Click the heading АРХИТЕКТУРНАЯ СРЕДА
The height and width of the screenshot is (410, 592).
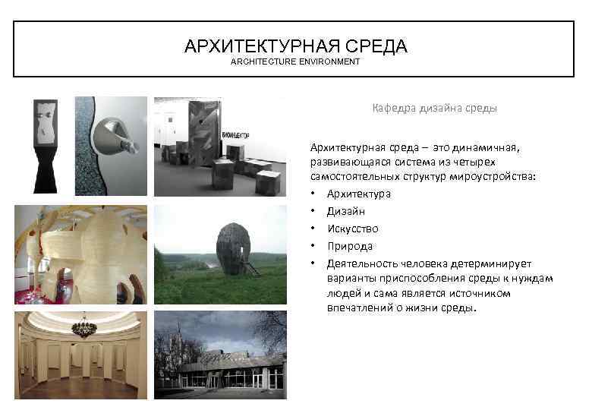coord(295,46)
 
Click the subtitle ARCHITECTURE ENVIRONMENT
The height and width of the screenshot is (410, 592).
coord(295,61)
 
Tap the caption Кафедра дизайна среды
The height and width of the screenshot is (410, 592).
coord(434,109)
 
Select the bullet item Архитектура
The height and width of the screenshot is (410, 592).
coord(359,194)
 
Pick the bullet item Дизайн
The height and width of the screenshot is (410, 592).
coord(346,211)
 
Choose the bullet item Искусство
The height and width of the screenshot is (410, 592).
coord(352,229)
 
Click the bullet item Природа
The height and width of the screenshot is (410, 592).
coord(350,246)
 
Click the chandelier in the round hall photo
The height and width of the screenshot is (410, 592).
coord(83,327)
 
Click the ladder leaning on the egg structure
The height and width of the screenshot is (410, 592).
coord(250,266)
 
